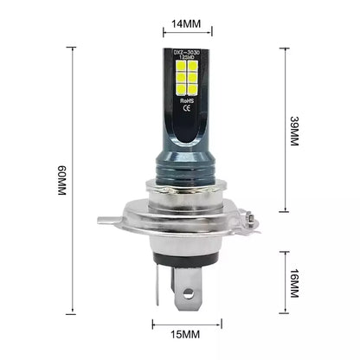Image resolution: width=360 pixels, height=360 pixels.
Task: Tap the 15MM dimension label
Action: pos(180,333)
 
